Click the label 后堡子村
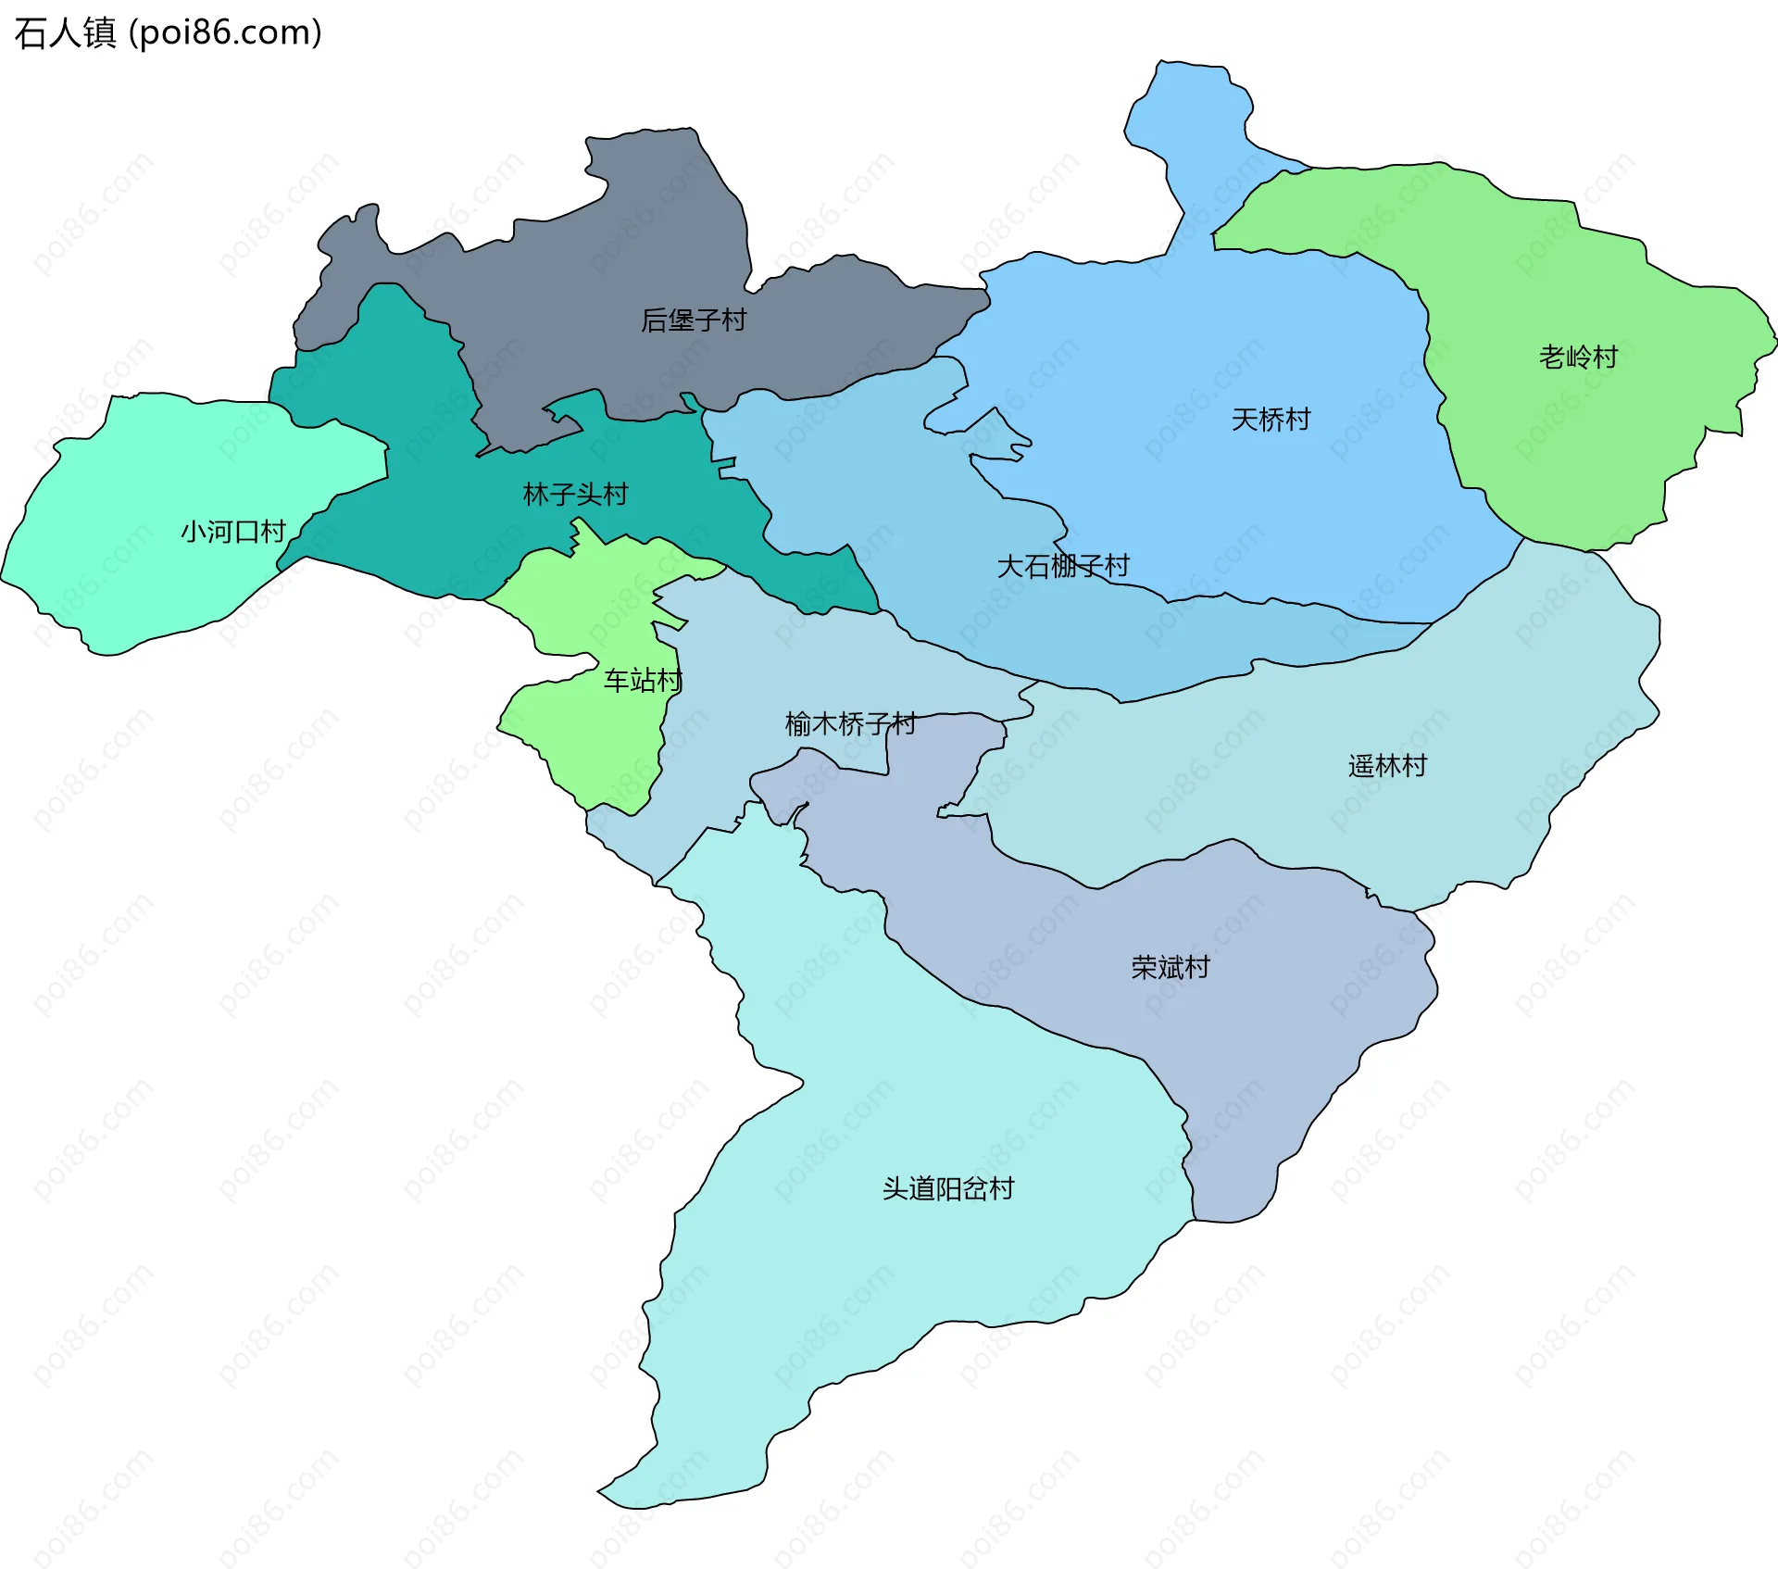(694, 320)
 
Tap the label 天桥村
(1271, 420)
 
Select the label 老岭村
(1578, 357)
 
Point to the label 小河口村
(232, 532)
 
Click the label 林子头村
(575, 495)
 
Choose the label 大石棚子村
(1063, 566)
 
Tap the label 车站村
(643, 681)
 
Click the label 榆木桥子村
(850, 723)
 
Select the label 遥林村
(1387, 766)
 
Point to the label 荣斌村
(1171, 967)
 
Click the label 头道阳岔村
(948, 1188)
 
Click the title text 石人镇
(65, 33)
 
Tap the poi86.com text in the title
(225, 33)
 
